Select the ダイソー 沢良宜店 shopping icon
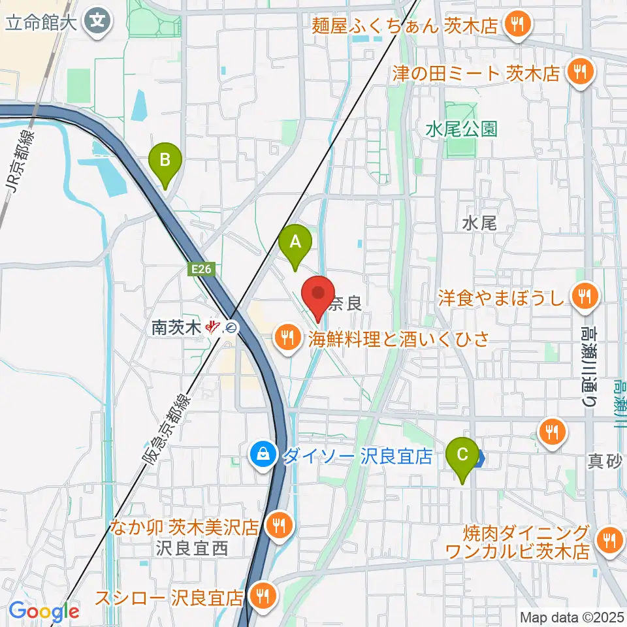(263, 456)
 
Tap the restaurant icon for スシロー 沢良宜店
(263, 596)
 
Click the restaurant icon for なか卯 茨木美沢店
(279, 524)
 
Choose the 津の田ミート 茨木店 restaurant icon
(579, 72)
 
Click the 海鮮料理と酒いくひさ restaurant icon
(287, 338)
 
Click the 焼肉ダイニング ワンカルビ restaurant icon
(609, 540)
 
